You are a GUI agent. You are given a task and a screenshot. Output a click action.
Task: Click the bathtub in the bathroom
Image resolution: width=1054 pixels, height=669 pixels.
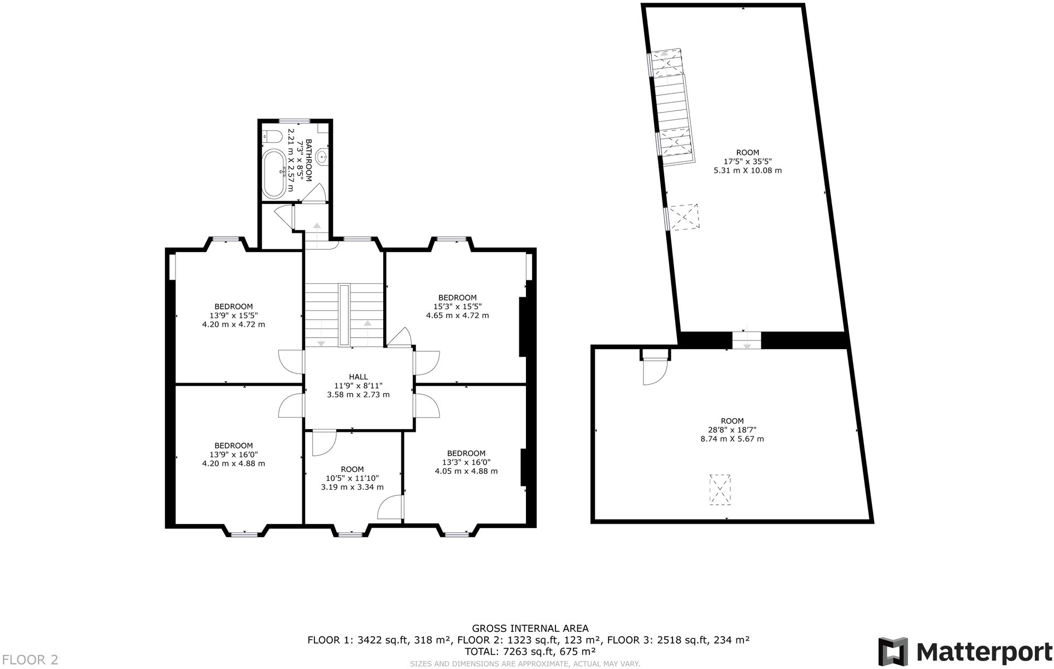pos(274,174)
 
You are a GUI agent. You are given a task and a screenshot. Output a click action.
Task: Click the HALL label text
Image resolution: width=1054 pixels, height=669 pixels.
pos(358,377)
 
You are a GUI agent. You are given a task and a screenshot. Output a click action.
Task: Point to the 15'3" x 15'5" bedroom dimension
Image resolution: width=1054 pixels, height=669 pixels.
pos(457,307)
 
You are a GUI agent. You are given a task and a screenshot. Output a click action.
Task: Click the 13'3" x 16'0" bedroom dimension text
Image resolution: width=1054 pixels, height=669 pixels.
pos(466,462)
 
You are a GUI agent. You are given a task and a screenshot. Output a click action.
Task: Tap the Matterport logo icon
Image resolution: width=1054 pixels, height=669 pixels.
pos(893,651)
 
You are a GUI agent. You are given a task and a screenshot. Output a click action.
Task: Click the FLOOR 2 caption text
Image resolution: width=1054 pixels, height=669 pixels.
pos(30,660)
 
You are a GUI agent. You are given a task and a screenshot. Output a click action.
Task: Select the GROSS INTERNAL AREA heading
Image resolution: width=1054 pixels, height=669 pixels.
pos(530,629)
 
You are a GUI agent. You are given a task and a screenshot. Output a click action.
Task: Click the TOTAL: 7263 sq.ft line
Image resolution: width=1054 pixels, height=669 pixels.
pos(530,652)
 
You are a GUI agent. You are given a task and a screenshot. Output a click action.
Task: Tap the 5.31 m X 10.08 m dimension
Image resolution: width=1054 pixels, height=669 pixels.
pos(747,170)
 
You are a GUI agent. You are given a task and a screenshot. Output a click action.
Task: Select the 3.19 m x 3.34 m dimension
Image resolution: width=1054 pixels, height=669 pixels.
pos(352,487)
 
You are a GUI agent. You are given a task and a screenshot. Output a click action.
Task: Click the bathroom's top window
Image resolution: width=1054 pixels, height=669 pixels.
pos(295,121)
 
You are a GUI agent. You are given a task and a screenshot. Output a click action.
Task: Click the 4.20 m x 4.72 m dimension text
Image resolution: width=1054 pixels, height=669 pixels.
pos(233,324)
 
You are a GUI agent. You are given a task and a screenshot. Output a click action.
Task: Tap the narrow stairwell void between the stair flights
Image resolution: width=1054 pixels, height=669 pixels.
pos(344,315)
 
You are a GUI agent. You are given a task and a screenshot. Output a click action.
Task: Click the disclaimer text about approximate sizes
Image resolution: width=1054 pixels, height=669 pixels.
pos(525,664)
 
